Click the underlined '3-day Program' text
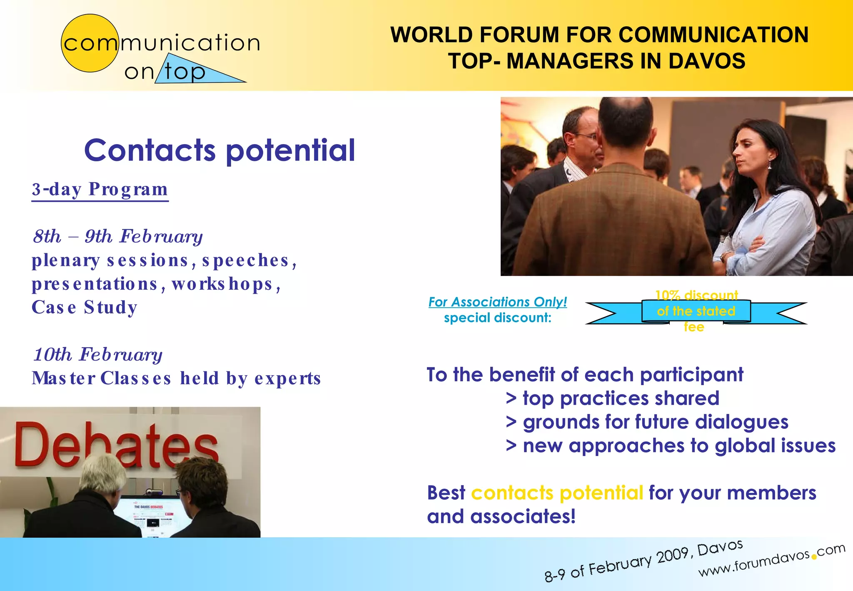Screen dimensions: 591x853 coord(100,190)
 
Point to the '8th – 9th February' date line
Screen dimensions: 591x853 coord(118,236)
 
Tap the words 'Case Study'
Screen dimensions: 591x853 coord(85,308)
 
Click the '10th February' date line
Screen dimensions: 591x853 coord(98,355)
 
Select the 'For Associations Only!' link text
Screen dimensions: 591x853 coord(497,302)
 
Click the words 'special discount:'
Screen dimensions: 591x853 coord(497,318)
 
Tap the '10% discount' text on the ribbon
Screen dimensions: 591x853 coord(696,295)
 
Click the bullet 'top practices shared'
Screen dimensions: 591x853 coord(621,398)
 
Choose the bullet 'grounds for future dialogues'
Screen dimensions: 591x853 coord(655,422)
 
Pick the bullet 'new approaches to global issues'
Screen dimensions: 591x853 coord(679,446)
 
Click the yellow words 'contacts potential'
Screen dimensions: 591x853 coord(557,493)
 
